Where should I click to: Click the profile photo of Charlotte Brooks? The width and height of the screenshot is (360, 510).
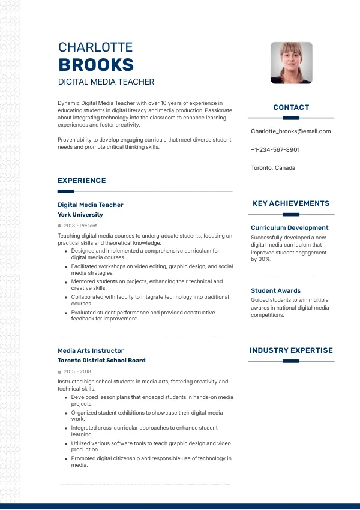click(292, 62)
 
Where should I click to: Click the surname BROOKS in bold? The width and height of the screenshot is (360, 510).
click(96, 65)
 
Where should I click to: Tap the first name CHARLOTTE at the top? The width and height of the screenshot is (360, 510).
click(95, 47)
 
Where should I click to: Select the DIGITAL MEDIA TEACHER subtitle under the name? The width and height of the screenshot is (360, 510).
click(106, 82)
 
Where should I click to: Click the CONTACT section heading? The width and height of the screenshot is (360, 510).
click(291, 107)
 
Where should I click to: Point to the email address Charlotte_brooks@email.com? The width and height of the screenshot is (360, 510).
click(290, 131)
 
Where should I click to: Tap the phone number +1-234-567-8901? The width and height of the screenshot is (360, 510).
click(275, 149)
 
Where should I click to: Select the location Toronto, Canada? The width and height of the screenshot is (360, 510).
click(273, 168)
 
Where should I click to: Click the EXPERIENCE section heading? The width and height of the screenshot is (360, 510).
click(82, 181)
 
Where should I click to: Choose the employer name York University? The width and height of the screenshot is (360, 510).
click(80, 215)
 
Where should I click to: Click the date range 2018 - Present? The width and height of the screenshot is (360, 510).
click(80, 226)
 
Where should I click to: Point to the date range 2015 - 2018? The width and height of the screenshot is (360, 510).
click(77, 371)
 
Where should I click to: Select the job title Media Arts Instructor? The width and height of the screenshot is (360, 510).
click(91, 350)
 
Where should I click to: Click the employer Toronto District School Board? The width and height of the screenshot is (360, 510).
click(101, 361)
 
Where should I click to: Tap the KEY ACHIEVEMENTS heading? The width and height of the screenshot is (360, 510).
click(291, 203)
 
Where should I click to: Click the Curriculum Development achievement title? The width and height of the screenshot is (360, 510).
click(289, 228)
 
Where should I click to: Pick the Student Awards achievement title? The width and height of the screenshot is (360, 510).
click(275, 290)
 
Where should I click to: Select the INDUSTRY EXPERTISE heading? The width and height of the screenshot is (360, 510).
click(291, 350)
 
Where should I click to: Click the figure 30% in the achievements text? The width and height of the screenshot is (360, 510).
click(265, 259)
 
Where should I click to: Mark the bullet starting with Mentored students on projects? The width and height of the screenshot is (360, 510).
click(146, 284)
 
